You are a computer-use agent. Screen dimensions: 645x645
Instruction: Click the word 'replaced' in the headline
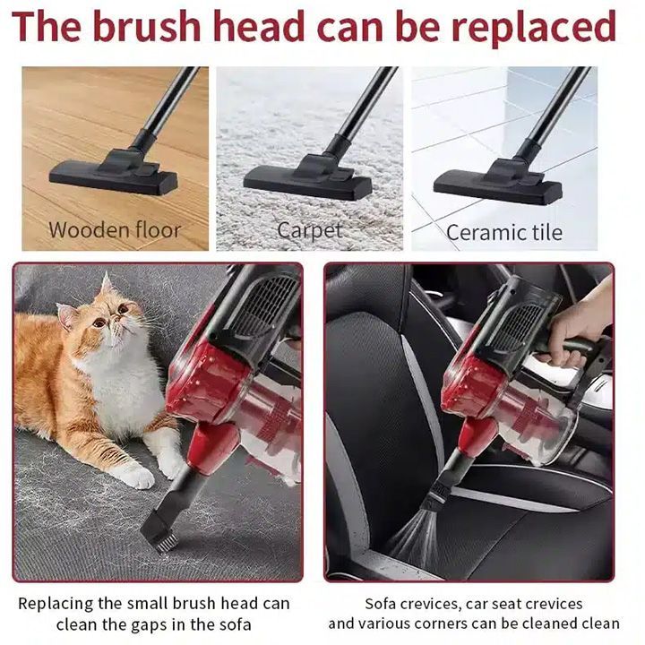[534, 26]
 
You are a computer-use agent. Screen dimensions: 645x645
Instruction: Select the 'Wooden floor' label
[115, 230]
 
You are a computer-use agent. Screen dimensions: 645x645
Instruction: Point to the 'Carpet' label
[310, 231]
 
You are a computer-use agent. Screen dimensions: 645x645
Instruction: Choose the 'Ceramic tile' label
[504, 232]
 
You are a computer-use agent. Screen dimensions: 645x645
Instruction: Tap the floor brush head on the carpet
[307, 176]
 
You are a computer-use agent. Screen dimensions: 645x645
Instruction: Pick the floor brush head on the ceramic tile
[498, 182]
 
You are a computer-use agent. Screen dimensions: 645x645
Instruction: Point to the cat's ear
[107, 285]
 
